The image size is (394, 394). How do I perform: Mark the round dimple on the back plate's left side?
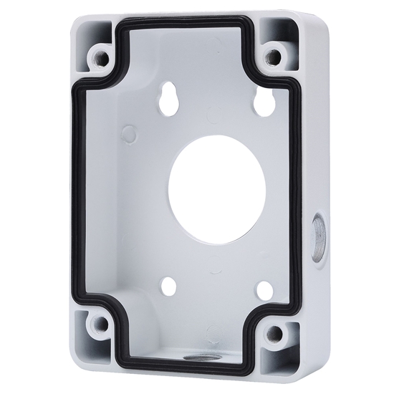click(x=130, y=133)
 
